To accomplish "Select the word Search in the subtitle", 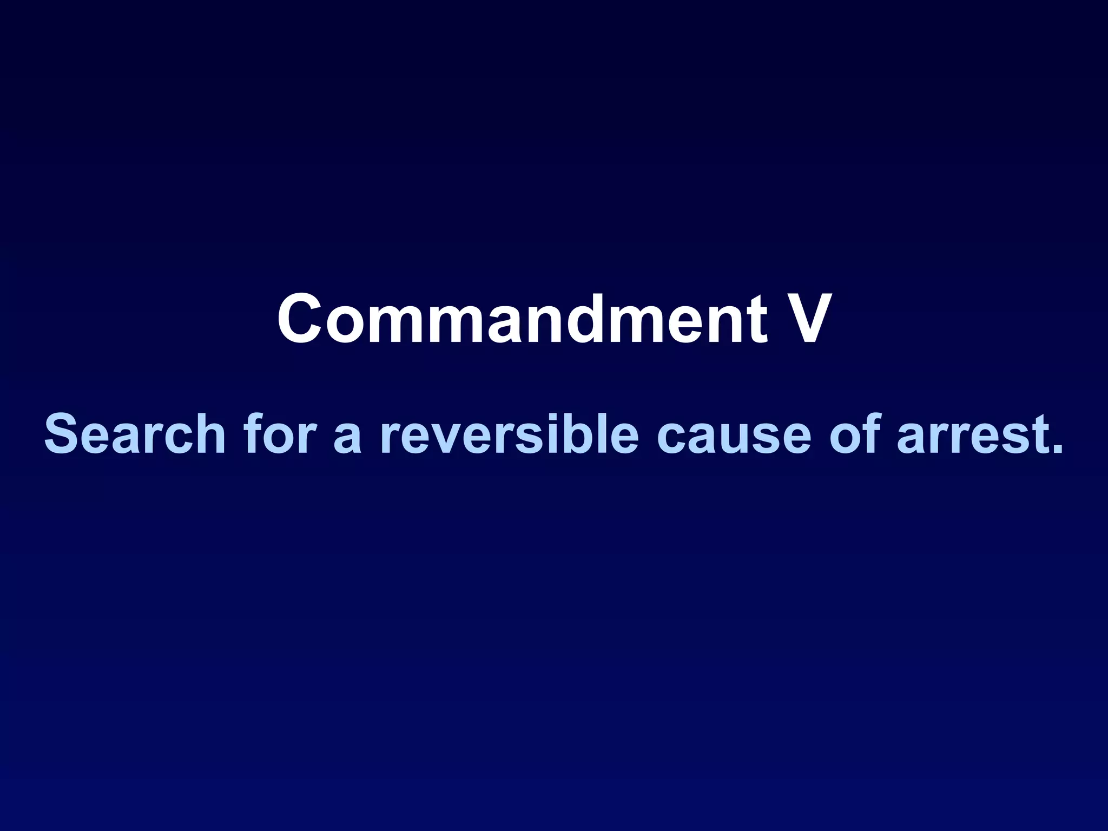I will [134, 434].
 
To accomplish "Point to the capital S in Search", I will [64, 434].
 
